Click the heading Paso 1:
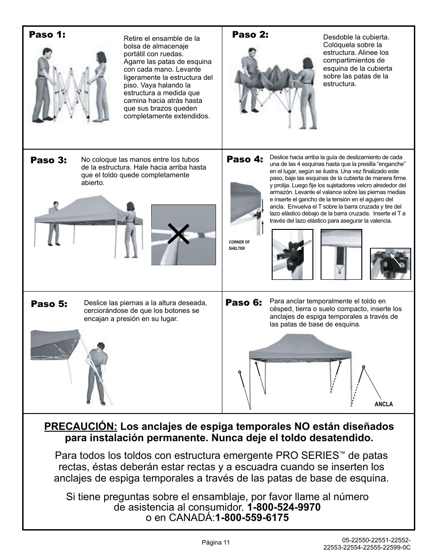pos(47,34)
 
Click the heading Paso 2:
pos(250,34)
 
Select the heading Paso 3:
pos(48,160)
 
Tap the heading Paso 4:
pos(245,159)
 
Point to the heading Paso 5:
pos(49,304)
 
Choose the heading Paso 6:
pos(244,302)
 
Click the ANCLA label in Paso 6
pos(384,404)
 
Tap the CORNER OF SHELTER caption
pos(239,245)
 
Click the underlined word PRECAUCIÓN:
pos(81,426)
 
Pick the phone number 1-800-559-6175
pos(252,517)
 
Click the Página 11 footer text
pos(216,542)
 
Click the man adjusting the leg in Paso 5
pos(98,374)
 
